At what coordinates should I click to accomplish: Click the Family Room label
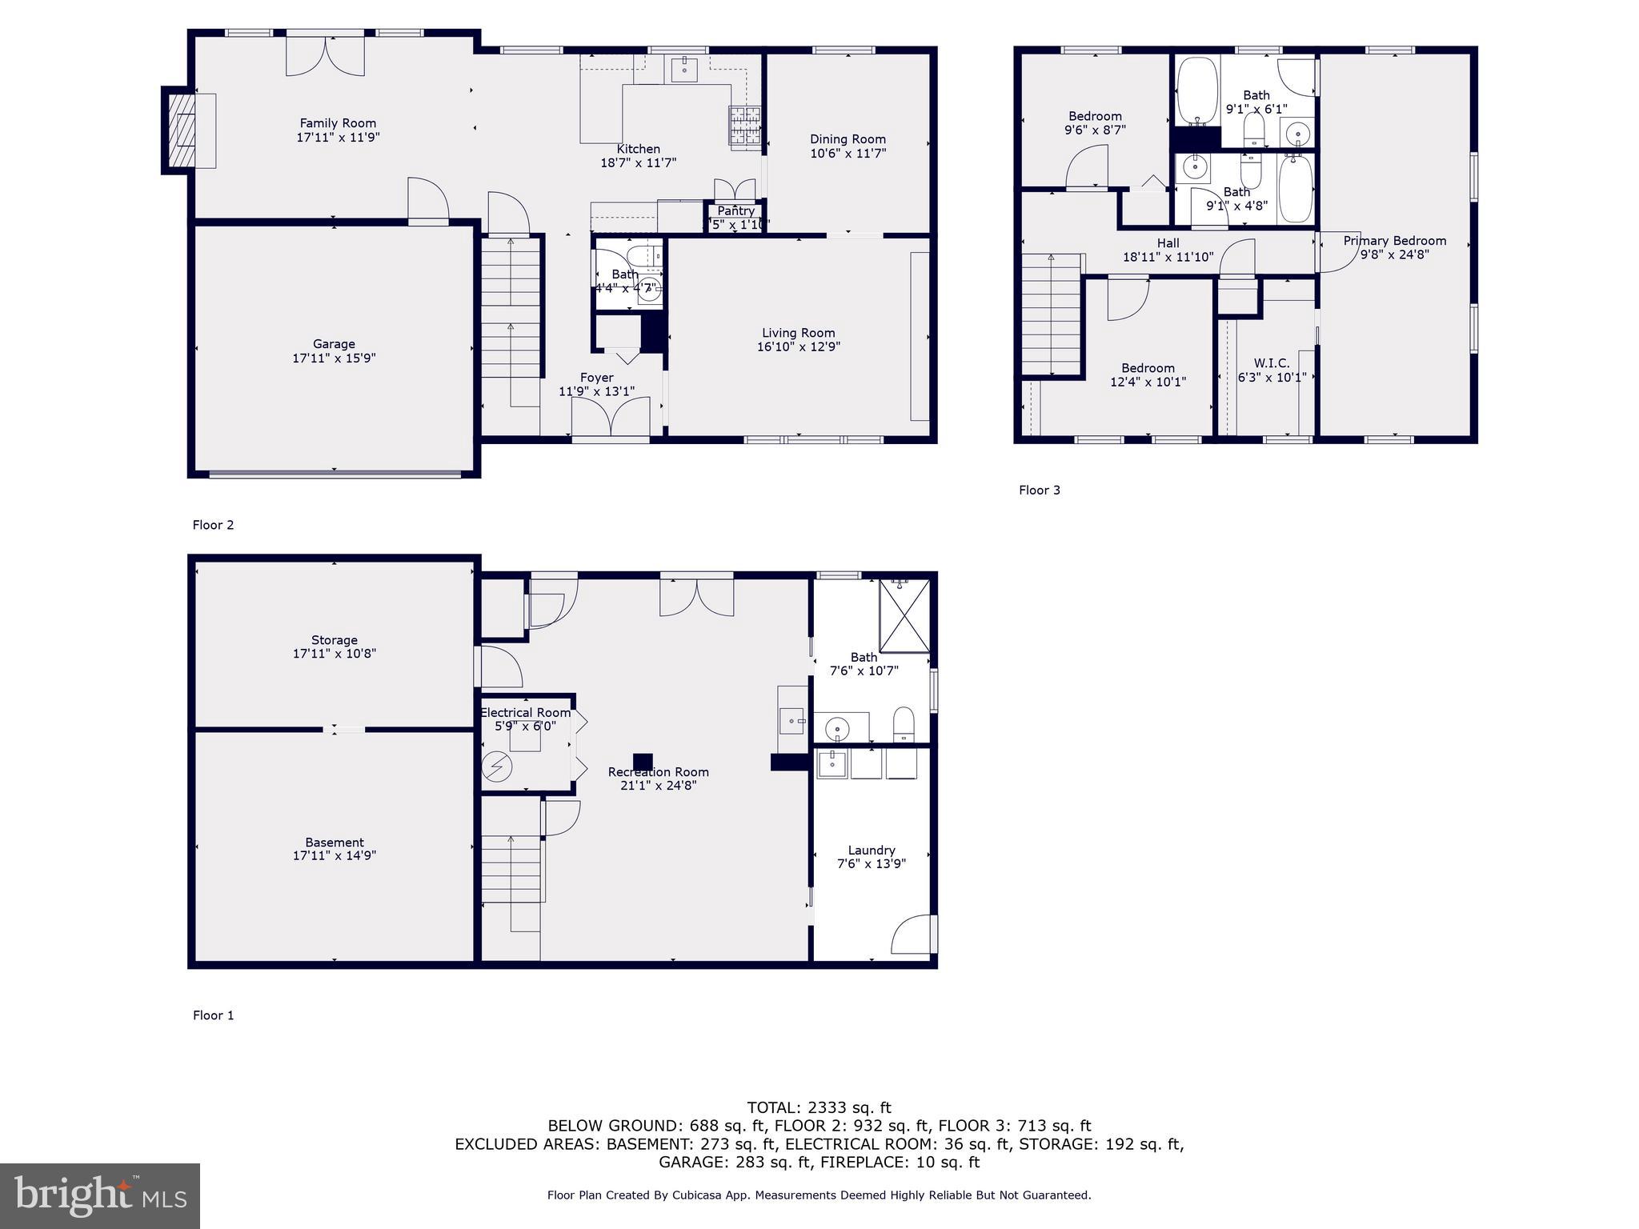pos(338,123)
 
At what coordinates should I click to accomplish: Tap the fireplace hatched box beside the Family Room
pos(182,130)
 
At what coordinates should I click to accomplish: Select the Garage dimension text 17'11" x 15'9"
pos(334,358)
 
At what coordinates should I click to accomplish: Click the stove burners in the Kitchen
pos(744,126)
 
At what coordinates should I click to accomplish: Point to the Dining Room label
pos(848,139)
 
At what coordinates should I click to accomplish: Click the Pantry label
pos(735,211)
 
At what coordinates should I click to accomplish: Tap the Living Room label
pos(798,333)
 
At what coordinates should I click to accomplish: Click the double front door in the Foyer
pos(610,416)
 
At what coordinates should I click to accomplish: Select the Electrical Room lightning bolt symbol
pos(496,767)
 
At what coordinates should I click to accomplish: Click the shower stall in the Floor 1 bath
pos(904,616)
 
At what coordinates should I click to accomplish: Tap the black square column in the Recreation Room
pos(643,762)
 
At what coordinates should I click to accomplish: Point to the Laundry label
pos(872,851)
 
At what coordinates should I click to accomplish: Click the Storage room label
pos(334,640)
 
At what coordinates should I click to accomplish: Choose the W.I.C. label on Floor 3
pos(1272,363)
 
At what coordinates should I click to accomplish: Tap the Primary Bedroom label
pos(1394,241)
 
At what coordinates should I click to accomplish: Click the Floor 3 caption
pos(1039,490)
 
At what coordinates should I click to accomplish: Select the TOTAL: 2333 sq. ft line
pos(819,1108)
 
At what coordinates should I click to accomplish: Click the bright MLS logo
pos(100,1195)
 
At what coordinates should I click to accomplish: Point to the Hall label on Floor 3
pos(1168,243)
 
